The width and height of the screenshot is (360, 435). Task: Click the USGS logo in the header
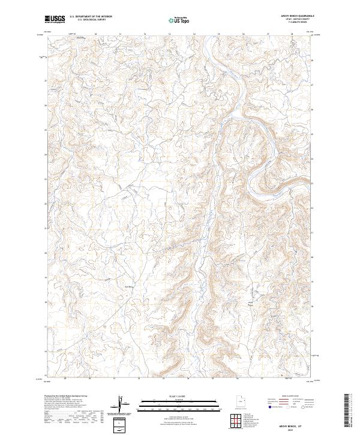pyautogui.click(x=54, y=20)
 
